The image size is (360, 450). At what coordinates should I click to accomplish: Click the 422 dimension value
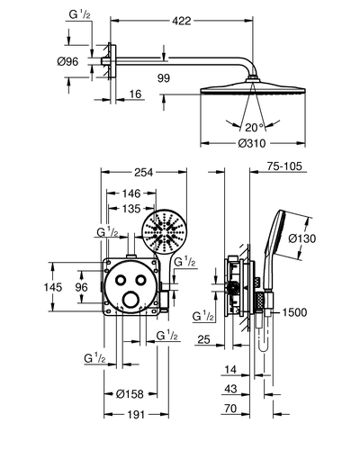click(x=182, y=21)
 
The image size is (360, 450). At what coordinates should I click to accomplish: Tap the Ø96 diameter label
click(x=67, y=61)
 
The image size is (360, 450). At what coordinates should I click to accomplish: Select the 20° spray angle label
click(x=254, y=128)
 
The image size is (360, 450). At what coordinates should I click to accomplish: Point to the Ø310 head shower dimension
click(x=252, y=143)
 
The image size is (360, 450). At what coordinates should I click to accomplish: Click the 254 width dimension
click(x=143, y=172)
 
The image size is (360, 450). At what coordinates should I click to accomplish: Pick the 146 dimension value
click(x=131, y=193)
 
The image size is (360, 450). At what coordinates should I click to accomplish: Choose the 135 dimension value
click(x=131, y=209)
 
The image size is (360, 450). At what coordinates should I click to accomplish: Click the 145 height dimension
click(x=53, y=287)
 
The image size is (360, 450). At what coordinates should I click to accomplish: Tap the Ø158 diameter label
click(x=130, y=394)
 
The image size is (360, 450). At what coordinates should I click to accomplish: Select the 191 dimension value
click(x=136, y=415)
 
